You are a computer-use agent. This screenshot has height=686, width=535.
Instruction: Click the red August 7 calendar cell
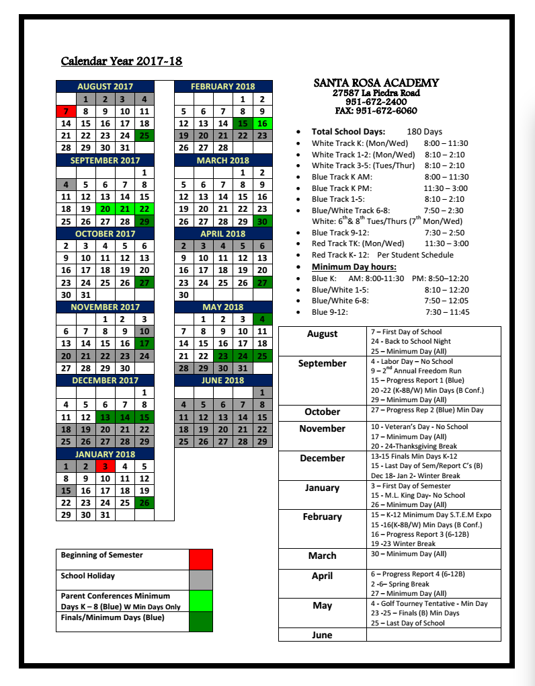click(66, 111)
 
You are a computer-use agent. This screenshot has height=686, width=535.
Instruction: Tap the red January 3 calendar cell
click(105, 466)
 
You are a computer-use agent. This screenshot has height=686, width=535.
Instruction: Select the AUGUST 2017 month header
click(105, 86)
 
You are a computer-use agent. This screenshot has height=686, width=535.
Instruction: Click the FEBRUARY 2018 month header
click(223, 86)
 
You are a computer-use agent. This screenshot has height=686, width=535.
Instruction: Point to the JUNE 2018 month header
click(223, 380)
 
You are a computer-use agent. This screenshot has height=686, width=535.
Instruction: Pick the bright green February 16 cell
click(262, 123)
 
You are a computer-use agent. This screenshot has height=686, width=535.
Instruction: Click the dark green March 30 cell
click(262, 221)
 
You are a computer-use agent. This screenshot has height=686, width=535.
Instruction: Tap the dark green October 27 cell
click(144, 282)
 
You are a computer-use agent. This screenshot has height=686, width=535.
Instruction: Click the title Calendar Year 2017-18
click(122, 61)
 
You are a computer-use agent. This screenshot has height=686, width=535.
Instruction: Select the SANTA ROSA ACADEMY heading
click(376, 83)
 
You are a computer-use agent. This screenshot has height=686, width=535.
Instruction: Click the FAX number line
click(376, 110)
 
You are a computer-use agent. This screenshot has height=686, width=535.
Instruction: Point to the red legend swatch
click(201, 560)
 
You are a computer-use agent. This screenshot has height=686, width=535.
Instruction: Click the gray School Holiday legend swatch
click(201, 580)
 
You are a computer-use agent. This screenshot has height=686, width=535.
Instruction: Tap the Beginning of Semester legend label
click(101, 556)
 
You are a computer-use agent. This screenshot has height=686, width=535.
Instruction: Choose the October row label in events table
click(322, 412)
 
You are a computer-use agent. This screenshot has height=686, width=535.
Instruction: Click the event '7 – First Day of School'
click(406, 332)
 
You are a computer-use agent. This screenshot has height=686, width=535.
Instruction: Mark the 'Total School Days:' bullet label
click(348, 132)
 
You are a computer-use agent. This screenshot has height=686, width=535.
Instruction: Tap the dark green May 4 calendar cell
click(262, 319)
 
